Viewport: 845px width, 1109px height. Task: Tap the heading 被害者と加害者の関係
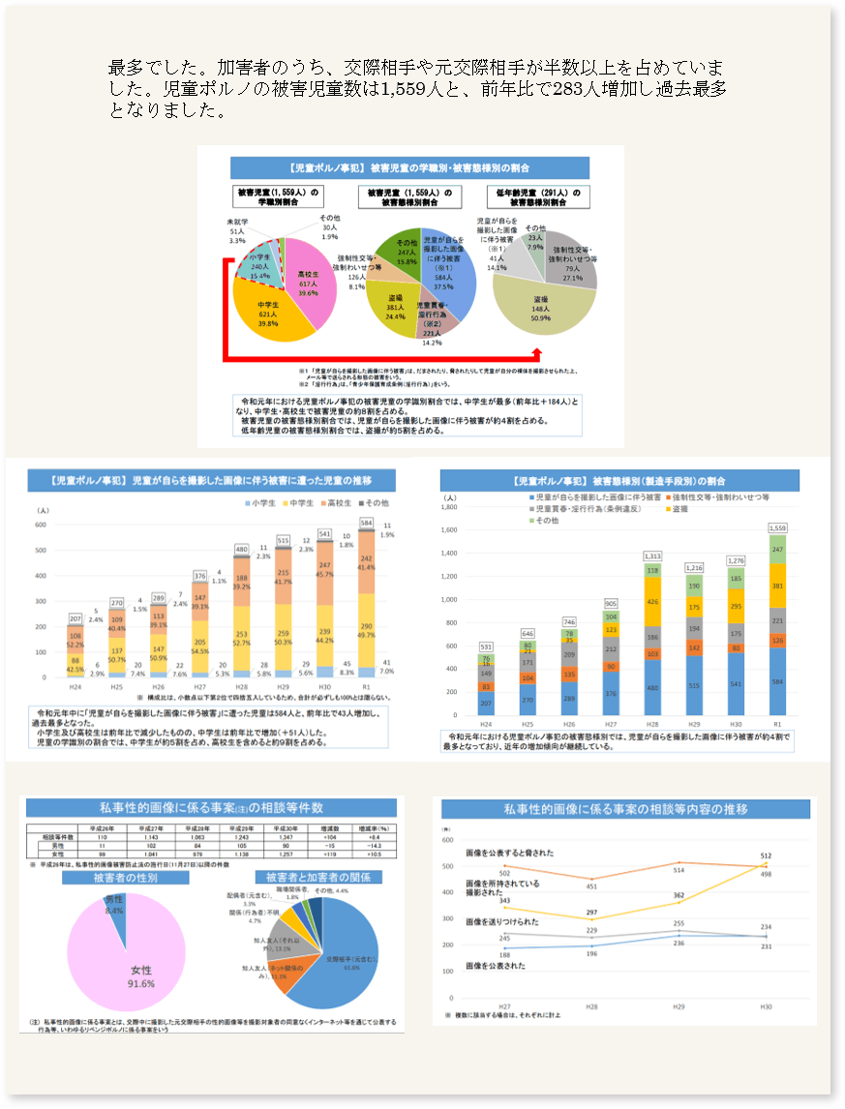(318, 877)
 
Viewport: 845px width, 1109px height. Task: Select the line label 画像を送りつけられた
(502, 923)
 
